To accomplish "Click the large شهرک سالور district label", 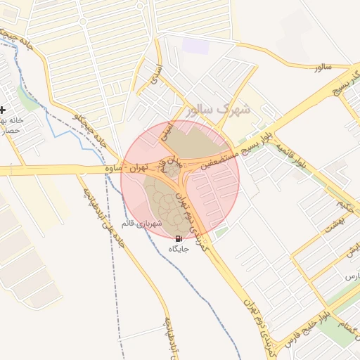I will pyautogui.click(x=219, y=110).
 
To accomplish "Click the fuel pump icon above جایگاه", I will pyautogui.click(x=177, y=239).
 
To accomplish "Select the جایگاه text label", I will pyautogui.click(x=178, y=250).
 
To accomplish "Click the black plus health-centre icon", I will pyautogui.click(x=3, y=110).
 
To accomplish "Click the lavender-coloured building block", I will pyautogui.click(x=196, y=45).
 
